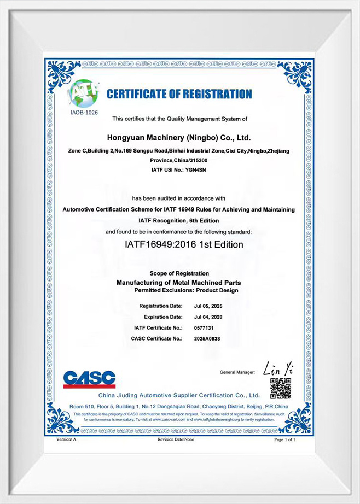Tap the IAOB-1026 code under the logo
click(83, 113)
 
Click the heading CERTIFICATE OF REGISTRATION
click(179, 94)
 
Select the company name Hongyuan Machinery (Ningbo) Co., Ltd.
click(179, 138)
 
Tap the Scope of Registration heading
click(179, 273)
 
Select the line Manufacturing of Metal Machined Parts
click(179, 282)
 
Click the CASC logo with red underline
click(89, 379)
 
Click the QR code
click(280, 388)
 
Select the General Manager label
click(237, 372)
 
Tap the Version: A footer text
click(66, 439)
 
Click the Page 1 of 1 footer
click(285, 439)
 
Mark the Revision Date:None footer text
click(176, 439)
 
